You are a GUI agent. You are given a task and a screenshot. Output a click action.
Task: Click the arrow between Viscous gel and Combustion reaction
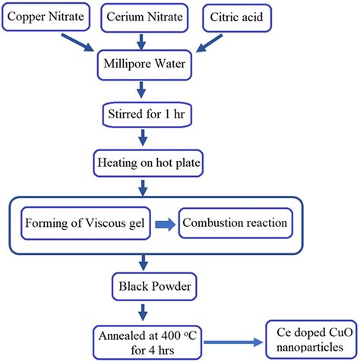pos(165,224)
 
